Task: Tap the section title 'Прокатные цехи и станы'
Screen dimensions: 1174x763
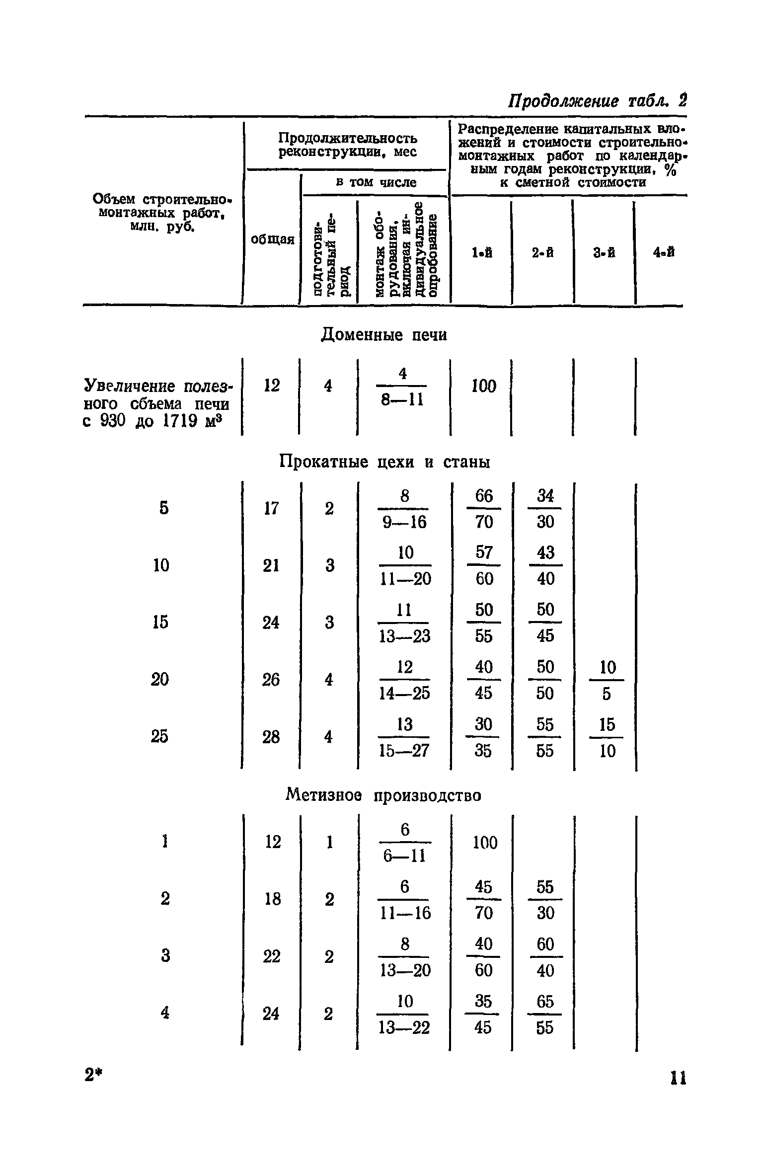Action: click(384, 462)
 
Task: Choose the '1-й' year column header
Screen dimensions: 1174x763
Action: click(482, 253)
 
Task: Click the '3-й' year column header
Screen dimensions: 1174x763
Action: click(604, 253)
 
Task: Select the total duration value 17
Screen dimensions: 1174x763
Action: click(271, 508)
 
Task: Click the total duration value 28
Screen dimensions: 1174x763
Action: click(271, 737)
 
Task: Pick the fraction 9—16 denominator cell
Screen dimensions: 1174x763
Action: click(404, 522)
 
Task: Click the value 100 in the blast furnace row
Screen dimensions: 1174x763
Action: click(484, 386)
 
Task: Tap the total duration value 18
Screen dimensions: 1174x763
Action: click(273, 899)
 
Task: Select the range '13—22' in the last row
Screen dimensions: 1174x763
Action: click(404, 1027)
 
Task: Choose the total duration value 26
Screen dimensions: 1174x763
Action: click(271, 679)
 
